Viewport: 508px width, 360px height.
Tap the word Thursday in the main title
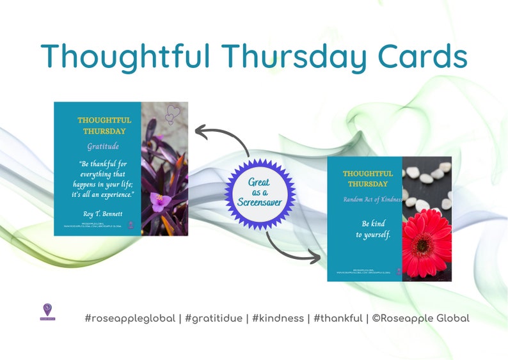(296, 58)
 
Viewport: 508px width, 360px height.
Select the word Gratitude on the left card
(103, 146)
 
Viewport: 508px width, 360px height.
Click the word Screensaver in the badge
(260, 202)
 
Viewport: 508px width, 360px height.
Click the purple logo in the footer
(47, 311)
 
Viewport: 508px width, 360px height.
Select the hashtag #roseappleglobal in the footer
(130, 318)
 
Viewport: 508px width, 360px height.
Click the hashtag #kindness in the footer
(277, 318)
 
